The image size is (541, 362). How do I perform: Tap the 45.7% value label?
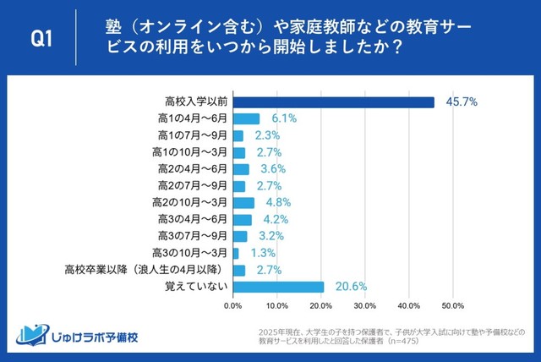[462, 102]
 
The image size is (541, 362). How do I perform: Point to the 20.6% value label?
[350, 287]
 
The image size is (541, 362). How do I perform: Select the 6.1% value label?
[283, 119]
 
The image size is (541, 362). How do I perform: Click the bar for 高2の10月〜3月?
[243, 203]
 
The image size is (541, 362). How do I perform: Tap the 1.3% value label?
[262, 253]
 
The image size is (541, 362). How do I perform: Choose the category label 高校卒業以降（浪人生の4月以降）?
[145, 270]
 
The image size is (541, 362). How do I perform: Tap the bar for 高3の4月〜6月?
[242, 220]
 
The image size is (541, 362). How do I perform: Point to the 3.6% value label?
[272, 169]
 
